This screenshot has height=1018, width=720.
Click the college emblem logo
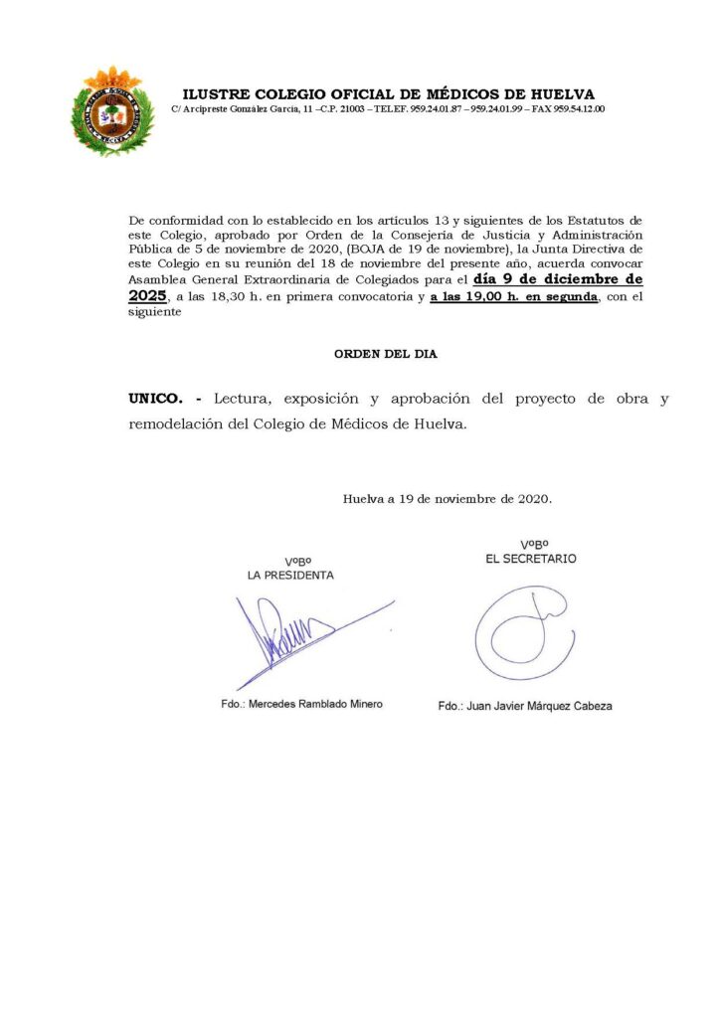click(112, 111)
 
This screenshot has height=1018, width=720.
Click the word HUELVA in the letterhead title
click(559, 94)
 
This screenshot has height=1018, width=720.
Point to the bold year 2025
click(147, 296)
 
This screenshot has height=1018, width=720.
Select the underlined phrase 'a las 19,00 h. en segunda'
click(513, 297)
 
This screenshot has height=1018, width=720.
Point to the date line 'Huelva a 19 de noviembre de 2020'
click(448, 498)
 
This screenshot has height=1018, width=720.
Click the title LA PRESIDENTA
click(290, 575)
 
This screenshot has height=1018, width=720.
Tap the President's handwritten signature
click(298, 636)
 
